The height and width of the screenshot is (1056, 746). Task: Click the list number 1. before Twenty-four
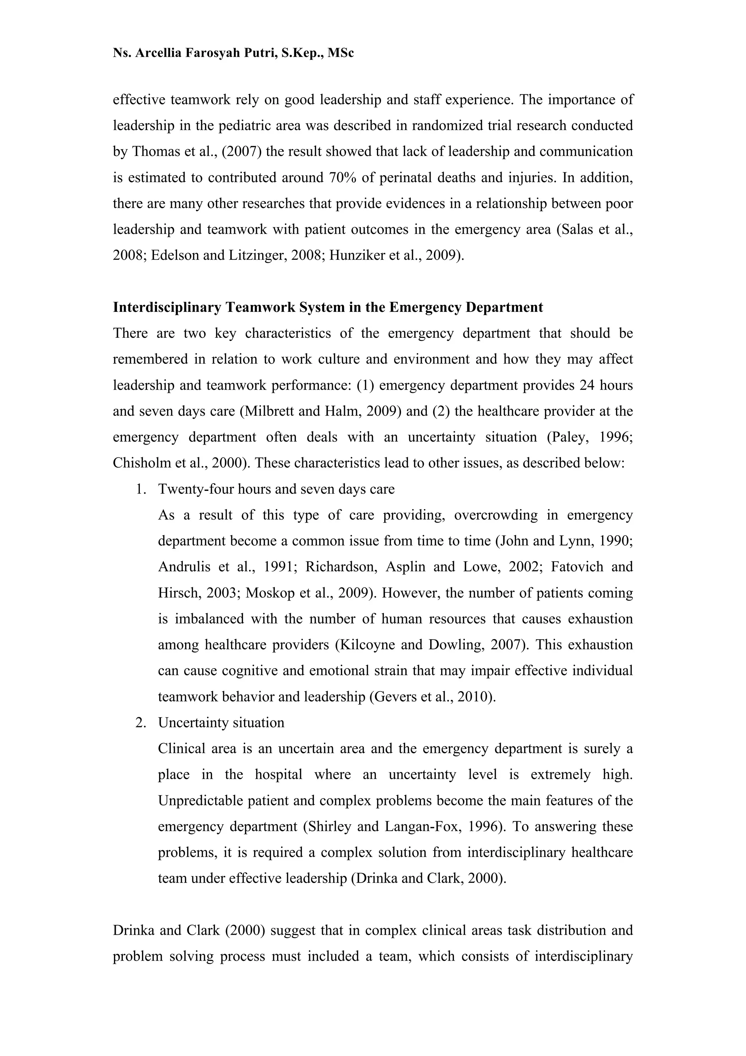[x=141, y=489]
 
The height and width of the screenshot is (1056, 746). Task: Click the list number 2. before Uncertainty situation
[x=141, y=723]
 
